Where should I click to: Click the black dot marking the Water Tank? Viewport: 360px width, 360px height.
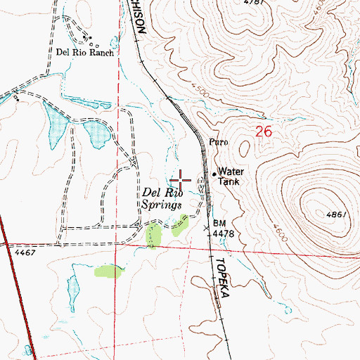point(214,172)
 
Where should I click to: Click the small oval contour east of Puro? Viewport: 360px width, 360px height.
point(244,147)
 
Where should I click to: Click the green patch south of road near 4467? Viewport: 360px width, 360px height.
point(108,271)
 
